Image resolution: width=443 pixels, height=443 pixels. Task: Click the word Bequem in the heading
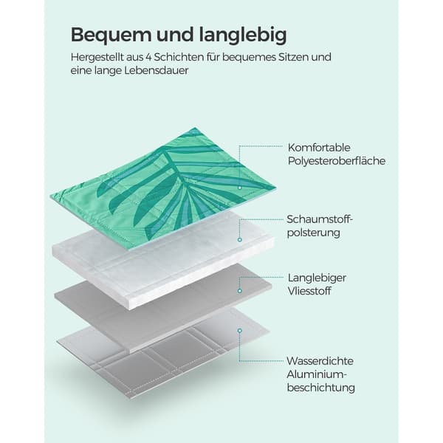point(111,35)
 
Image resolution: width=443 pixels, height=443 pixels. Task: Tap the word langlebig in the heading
point(243,35)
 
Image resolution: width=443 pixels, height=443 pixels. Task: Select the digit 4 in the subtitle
point(149,58)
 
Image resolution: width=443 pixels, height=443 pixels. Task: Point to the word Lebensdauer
point(157,70)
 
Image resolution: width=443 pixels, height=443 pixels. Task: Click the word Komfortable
point(319,148)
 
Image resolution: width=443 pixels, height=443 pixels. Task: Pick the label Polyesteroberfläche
point(337,161)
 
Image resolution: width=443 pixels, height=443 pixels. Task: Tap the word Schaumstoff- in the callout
point(320,219)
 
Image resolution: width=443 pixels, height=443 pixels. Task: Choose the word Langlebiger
point(317,278)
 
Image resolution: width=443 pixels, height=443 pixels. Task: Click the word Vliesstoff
point(309,291)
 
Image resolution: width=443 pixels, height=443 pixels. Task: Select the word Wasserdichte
point(320,361)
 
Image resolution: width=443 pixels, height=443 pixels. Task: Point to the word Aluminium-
point(317,374)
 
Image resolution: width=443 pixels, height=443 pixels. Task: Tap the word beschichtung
point(321,388)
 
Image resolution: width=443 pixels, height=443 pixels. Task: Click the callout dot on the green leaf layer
point(239,188)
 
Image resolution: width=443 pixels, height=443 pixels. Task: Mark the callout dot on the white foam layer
point(239,239)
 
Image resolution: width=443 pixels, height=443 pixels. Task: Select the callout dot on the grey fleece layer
point(239,291)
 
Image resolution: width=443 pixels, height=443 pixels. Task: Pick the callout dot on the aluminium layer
point(239,331)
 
